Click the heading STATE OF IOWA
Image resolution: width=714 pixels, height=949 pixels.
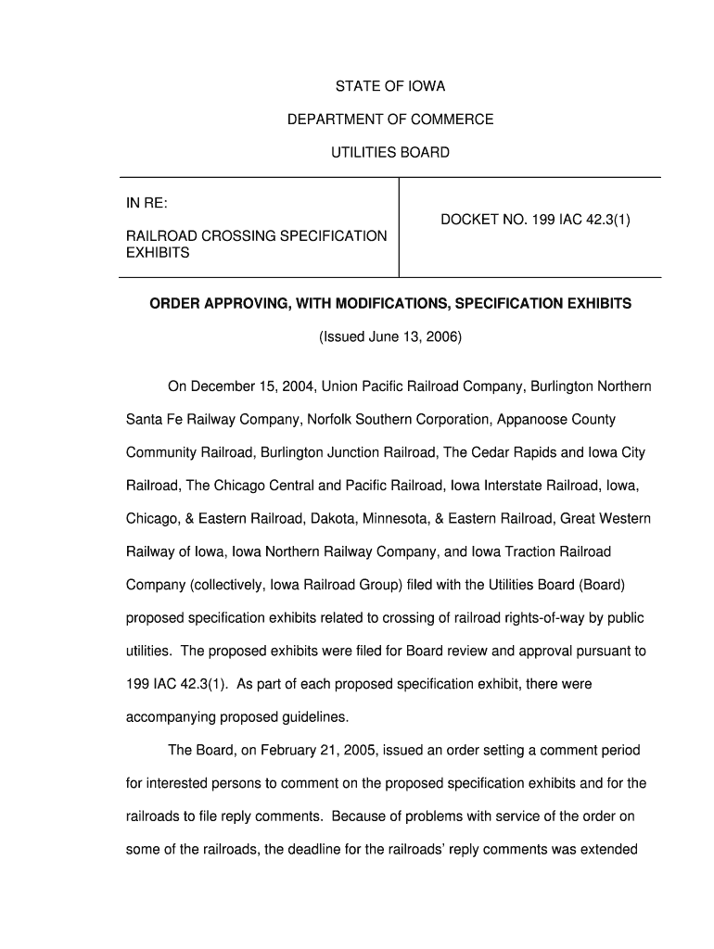point(389,86)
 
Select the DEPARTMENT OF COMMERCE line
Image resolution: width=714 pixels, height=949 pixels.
point(389,120)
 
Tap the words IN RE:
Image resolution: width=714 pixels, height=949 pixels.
point(147,202)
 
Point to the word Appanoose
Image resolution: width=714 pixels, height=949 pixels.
point(535,420)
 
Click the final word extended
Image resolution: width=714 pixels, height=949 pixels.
point(607,849)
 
